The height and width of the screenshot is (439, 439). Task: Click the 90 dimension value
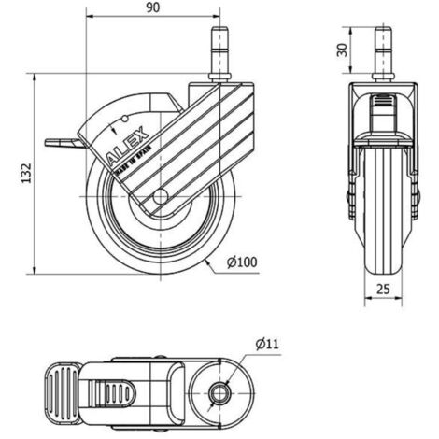(x=152, y=7)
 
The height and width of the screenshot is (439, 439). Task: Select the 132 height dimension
(x=26, y=173)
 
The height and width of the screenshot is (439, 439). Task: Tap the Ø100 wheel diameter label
(x=242, y=262)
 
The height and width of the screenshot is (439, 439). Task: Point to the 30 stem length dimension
(x=342, y=50)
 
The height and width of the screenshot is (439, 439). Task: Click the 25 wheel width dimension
(x=383, y=290)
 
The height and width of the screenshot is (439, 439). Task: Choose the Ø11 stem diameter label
(x=267, y=344)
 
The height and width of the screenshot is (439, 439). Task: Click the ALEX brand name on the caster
(x=127, y=146)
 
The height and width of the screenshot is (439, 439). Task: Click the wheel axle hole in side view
(x=161, y=197)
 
